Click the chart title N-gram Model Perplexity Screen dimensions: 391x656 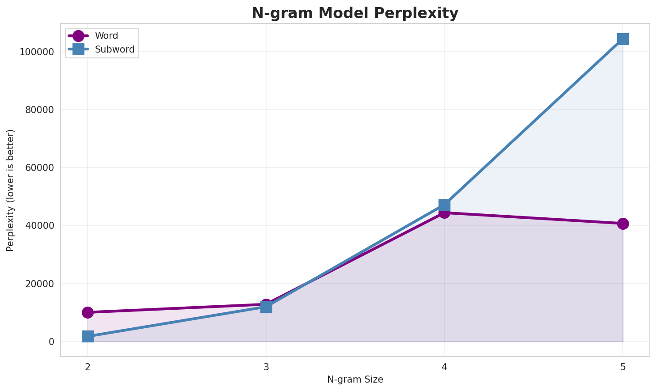(355, 13)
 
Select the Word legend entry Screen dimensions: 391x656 (107, 36)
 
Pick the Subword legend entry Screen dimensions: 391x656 (114, 49)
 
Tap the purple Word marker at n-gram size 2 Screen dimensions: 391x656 (88, 312)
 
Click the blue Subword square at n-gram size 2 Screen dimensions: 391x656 (88, 337)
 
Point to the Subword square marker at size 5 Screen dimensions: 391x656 (623, 39)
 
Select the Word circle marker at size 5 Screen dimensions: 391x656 (623, 224)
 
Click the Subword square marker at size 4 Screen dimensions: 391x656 (444, 205)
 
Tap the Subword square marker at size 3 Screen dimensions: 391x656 (266, 307)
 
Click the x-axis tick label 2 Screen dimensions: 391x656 (88, 367)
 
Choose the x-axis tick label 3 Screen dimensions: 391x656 (266, 367)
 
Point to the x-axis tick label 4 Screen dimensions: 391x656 (444, 367)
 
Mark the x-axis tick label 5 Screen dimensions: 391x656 (623, 367)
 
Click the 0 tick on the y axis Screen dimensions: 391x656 (52, 342)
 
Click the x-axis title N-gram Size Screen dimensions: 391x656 (355, 380)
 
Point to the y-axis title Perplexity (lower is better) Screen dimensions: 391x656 (11, 190)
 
